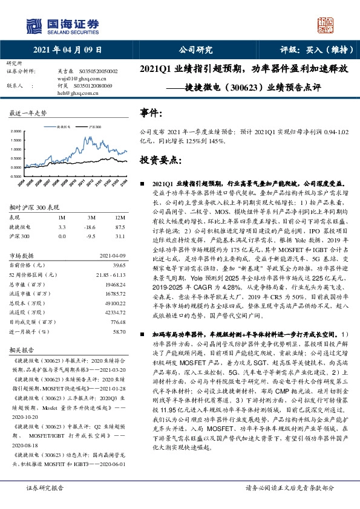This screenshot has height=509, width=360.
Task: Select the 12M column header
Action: pyautogui.click(x=120, y=217)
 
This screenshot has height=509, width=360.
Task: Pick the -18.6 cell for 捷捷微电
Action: pyautogui.click(x=91, y=227)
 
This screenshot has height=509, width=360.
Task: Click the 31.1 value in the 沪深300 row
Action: pyautogui.click(x=120, y=236)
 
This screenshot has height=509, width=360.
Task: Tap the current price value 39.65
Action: pyautogui.click(x=119, y=265)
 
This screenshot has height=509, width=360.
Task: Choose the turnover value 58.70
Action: pyautogui.click(x=119, y=332)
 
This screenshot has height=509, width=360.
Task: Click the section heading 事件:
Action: pyautogui.click(x=151, y=113)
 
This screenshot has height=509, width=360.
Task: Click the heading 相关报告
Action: pyautogui.click(x=22, y=350)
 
